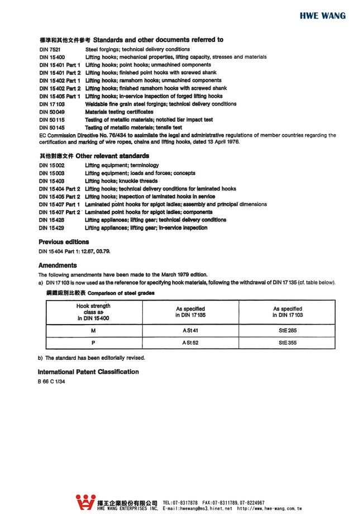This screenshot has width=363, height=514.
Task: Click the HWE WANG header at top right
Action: click(323, 16)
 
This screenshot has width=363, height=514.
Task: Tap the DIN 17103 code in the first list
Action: click(52, 104)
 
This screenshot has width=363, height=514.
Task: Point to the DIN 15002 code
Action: click(52, 165)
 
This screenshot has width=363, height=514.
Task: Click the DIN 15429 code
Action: click(52, 228)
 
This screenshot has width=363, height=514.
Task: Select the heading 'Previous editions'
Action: click(64, 242)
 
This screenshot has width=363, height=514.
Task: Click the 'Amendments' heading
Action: click(58, 265)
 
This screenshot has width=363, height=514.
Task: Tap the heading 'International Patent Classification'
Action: click(88, 372)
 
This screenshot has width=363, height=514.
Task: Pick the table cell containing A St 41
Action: click(190, 330)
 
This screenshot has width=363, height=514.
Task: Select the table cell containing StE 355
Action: click(287, 342)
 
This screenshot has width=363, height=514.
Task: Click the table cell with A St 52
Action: click(190, 342)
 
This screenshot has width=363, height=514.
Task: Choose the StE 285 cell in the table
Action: click(287, 330)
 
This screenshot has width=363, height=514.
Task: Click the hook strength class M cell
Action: click(94, 330)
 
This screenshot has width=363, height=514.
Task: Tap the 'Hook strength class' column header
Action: click(94, 312)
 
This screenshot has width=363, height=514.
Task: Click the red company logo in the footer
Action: click(85, 502)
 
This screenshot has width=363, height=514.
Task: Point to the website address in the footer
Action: click(270, 509)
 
